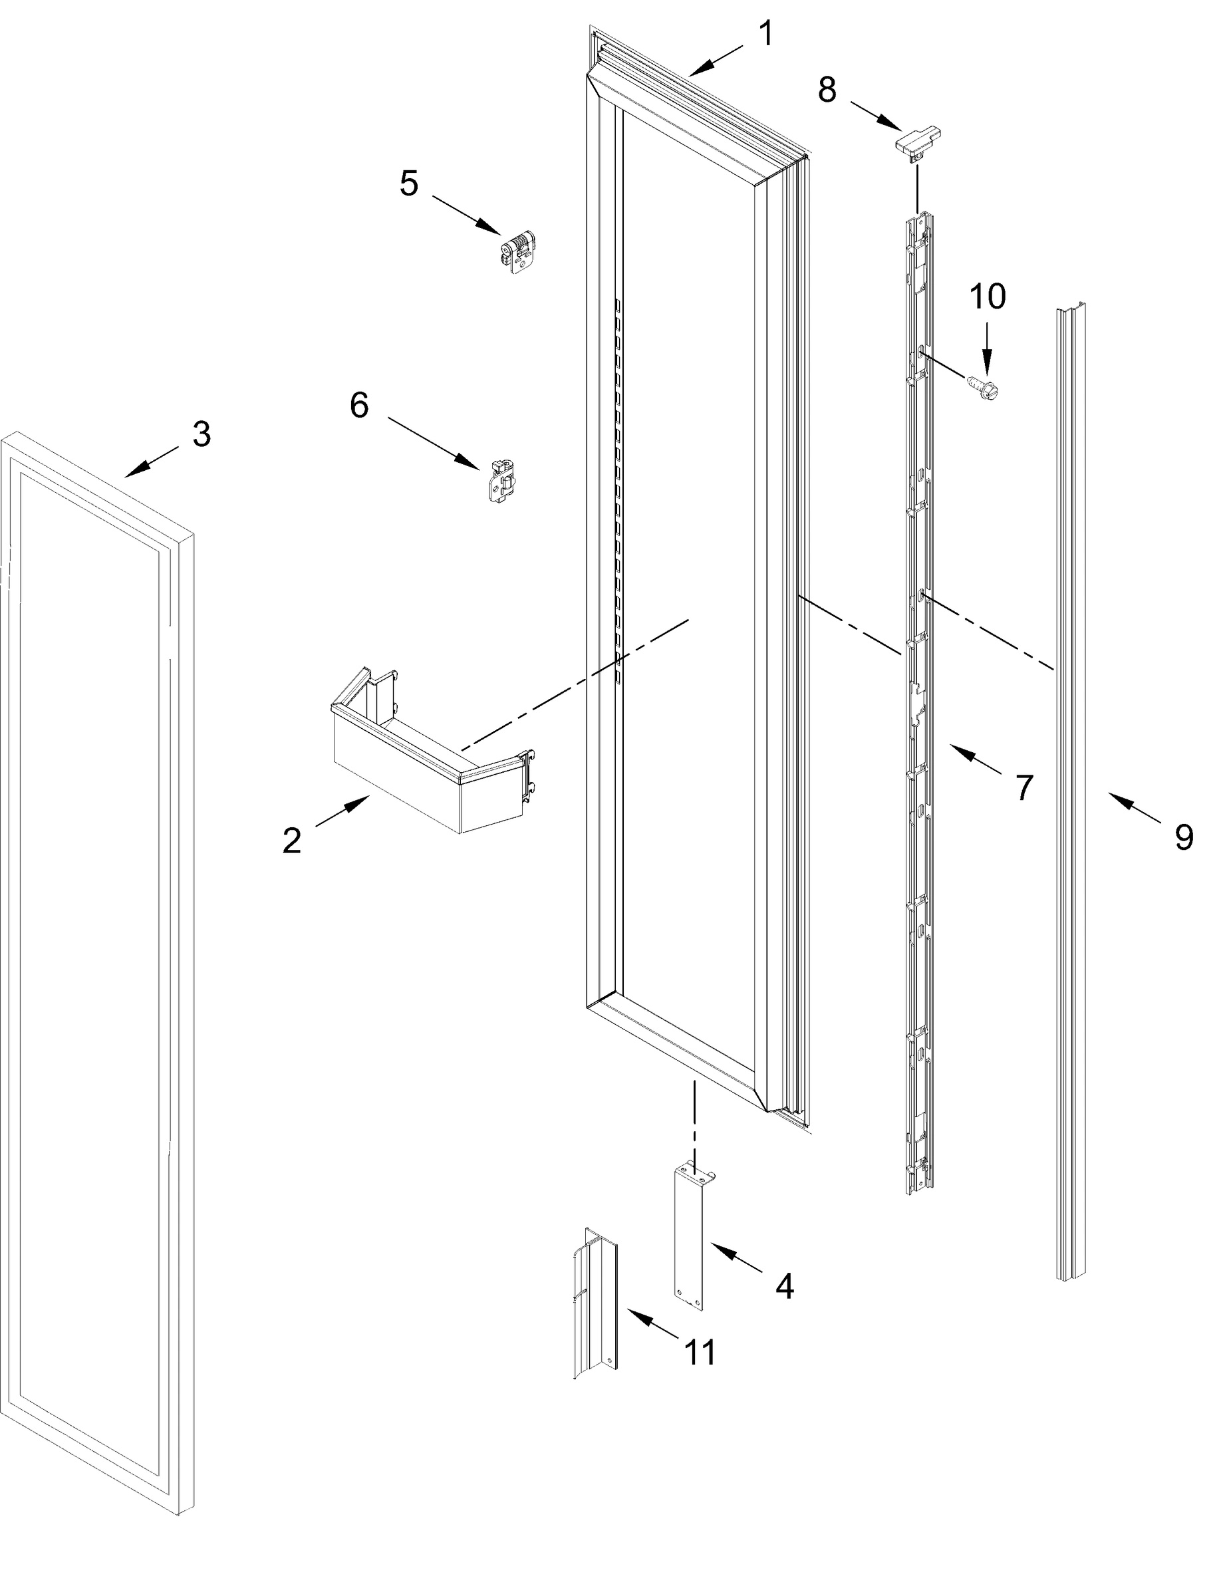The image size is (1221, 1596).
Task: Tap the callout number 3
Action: (202, 434)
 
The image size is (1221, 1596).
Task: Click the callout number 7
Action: (1024, 787)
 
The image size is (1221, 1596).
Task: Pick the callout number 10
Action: (987, 297)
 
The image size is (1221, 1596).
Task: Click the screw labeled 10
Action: (983, 385)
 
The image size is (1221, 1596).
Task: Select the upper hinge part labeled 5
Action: (517, 252)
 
